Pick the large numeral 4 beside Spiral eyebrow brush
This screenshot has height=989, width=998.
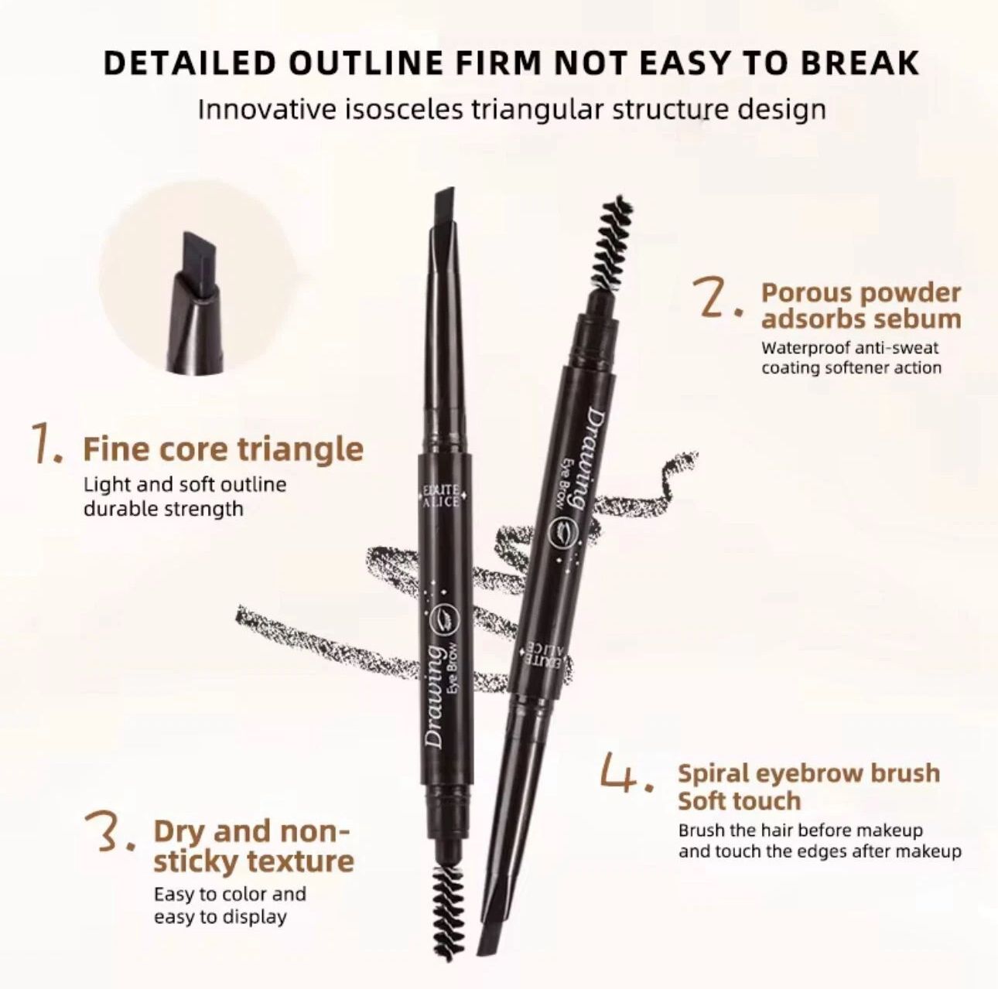(x=626, y=776)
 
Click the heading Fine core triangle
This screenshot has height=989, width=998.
(x=223, y=448)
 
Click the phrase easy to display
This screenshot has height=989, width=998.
(x=220, y=917)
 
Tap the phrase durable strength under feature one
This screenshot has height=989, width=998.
(x=162, y=509)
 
